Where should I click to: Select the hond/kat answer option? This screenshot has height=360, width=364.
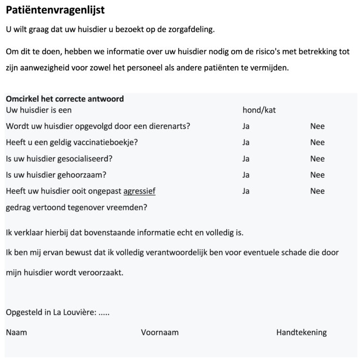[259, 110]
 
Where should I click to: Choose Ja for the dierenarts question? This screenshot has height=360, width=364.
[246, 126]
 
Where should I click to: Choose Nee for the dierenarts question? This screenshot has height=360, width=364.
[317, 126]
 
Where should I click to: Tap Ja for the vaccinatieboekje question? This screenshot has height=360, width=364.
[246, 142]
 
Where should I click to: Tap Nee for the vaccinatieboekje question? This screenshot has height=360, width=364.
[317, 142]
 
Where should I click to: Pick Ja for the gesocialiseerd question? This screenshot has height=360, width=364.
[246, 159]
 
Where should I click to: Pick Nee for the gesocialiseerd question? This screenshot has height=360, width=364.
[317, 159]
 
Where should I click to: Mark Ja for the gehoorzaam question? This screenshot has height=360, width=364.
[246, 175]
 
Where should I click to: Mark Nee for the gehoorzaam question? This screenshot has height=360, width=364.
[317, 175]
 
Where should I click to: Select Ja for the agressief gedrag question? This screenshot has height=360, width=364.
[246, 191]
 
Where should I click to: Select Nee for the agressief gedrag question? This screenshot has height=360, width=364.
[317, 191]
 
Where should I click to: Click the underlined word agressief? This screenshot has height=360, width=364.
[139, 191]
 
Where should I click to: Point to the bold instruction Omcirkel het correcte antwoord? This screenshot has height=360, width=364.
[65, 99]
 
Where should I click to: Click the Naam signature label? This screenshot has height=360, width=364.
[16, 333]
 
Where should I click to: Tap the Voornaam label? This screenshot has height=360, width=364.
[160, 333]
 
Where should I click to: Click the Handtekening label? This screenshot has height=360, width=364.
[301, 333]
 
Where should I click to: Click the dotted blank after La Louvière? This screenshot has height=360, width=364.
[104, 312]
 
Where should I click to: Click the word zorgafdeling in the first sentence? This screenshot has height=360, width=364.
[189, 29]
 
